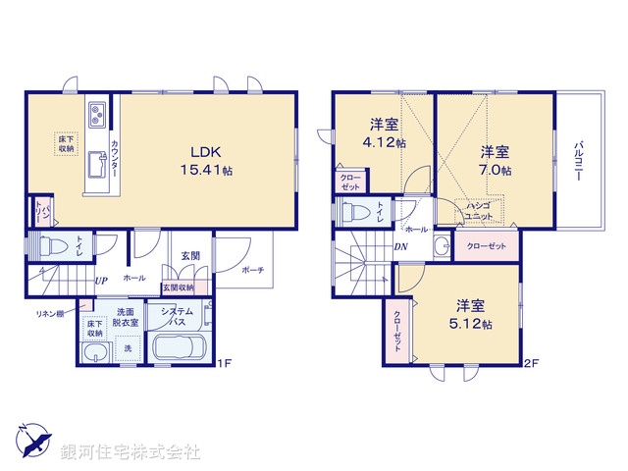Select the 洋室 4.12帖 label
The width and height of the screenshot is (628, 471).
point(384,133)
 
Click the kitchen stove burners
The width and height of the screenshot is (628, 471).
point(99,117)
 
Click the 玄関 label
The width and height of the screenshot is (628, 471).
point(190,256)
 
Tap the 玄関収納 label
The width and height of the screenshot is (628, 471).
point(179,287)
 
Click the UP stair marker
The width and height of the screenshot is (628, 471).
point(100,279)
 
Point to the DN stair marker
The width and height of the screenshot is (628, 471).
point(401,246)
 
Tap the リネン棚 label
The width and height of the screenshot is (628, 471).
point(50,313)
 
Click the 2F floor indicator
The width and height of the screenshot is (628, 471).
point(531,363)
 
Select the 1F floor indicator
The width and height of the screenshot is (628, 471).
point(224,363)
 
